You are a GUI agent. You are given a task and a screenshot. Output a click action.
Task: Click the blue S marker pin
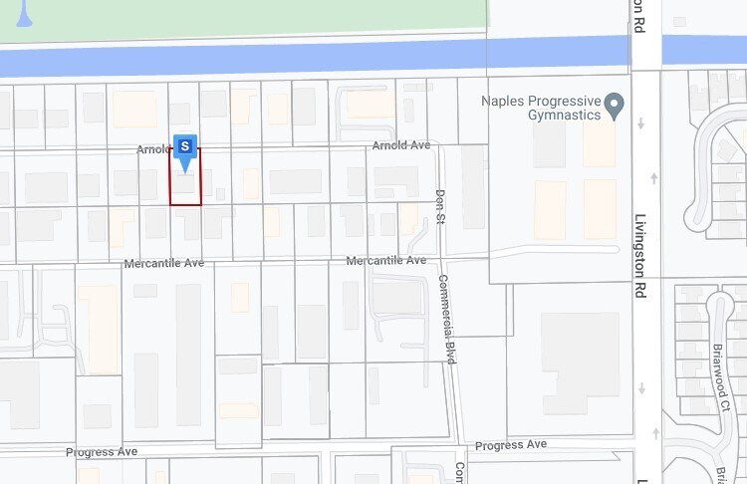pyautogui.click(x=185, y=147)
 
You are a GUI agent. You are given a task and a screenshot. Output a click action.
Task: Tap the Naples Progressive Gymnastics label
pyautogui.click(x=541, y=108)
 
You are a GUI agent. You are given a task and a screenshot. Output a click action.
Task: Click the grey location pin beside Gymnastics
pyautogui.click(x=615, y=104)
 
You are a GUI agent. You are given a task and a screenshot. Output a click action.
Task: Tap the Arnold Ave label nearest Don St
pyautogui.click(x=400, y=145)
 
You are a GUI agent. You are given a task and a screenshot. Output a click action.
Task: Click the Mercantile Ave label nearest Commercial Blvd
pyautogui.click(x=386, y=261)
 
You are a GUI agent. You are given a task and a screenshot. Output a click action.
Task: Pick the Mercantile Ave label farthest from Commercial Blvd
pyautogui.click(x=163, y=264)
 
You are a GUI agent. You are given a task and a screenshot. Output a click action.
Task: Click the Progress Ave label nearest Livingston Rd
pyautogui.click(x=511, y=444)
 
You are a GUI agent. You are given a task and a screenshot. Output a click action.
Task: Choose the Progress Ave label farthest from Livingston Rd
pyautogui.click(x=102, y=452)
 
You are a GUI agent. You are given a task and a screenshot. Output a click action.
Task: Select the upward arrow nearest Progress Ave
pyautogui.click(x=653, y=432)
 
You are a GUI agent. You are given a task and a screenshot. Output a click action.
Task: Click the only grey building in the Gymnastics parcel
pyautogui.click(x=549, y=143)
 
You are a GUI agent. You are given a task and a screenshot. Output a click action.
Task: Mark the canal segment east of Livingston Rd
pyautogui.click(x=703, y=49)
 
